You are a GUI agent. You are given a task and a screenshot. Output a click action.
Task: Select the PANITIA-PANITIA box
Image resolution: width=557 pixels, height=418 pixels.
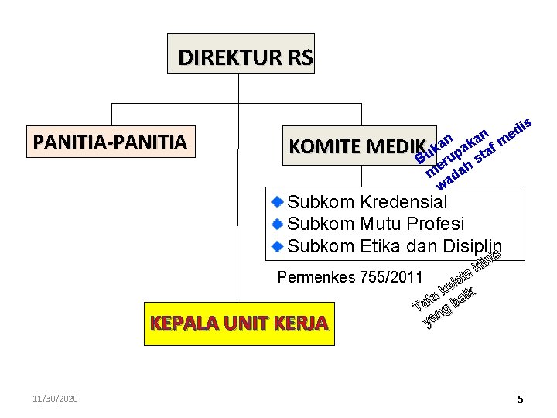point(110,142)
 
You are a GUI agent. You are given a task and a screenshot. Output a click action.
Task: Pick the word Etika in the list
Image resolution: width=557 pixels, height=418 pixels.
point(382,247)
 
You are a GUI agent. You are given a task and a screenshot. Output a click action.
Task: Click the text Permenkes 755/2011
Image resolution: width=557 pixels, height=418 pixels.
point(350,277)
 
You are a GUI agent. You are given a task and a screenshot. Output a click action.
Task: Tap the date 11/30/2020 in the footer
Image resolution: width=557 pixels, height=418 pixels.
point(55,398)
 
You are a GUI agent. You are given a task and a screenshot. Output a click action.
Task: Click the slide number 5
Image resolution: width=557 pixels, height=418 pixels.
point(521,399)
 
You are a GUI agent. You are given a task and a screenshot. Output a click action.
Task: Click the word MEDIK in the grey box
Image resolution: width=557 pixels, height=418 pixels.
point(396,146)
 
